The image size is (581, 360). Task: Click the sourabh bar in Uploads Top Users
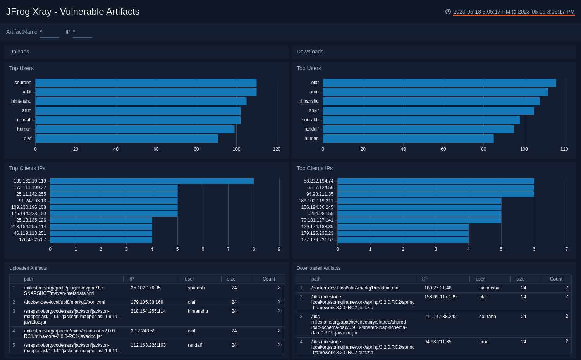(146, 83)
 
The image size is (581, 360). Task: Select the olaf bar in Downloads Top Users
(439, 83)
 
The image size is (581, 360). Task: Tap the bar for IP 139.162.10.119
(152, 181)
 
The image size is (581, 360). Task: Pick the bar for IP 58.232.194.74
(435, 181)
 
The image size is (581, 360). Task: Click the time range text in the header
(514, 12)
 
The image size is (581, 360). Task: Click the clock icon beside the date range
(448, 12)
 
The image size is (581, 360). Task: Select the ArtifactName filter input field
(49, 32)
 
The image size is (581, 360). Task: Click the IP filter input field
(82, 32)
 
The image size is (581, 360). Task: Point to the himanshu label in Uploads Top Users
(21, 101)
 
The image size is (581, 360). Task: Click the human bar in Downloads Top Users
(408, 138)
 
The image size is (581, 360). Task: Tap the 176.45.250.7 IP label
(33, 240)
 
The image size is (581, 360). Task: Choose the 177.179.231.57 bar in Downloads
(403, 240)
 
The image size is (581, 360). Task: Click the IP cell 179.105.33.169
(147, 302)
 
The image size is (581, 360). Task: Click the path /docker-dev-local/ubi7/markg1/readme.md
(355, 288)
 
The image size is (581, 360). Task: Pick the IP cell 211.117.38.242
(440, 317)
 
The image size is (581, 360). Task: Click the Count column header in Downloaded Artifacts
(556, 279)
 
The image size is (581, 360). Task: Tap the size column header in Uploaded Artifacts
(231, 279)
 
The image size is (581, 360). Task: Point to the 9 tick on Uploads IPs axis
(279, 249)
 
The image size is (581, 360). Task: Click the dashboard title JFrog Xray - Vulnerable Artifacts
(73, 12)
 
